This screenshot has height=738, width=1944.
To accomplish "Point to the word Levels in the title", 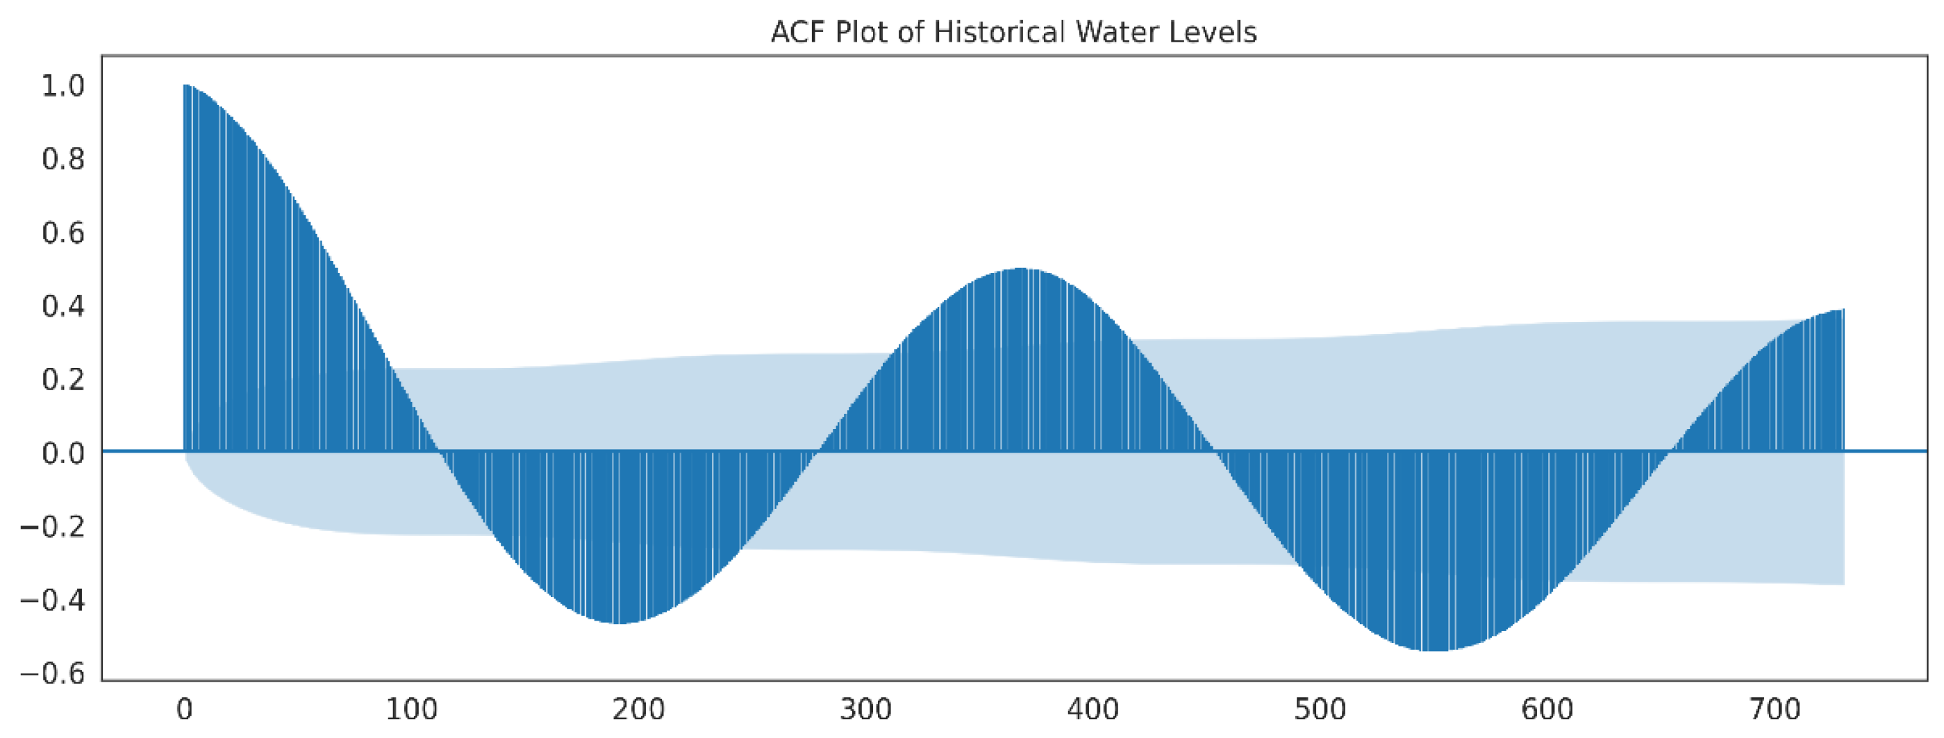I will (x=1213, y=33).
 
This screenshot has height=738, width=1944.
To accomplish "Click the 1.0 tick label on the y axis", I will (x=63, y=86).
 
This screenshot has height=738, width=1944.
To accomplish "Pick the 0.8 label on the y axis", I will (x=63, y=159).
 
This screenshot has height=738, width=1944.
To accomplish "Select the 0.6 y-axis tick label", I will (x=63, y=233).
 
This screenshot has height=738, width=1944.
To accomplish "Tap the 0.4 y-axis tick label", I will (x=63, y=306).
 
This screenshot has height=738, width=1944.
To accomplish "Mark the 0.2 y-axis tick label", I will (x=63, y=380).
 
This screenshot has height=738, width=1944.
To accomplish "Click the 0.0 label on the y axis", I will (x=63, y=453).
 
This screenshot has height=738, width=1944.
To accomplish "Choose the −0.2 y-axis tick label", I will (x=53, y=527).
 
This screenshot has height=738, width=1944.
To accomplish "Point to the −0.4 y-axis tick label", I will (x=53, y=601).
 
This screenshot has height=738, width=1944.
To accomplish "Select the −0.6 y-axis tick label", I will (x=53, y=674).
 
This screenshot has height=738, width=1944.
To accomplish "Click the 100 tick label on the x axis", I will (x=411, y=710).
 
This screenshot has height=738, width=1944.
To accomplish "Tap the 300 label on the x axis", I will (x=865, y=710).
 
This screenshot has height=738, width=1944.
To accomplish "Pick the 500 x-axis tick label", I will (x=1320, y=710).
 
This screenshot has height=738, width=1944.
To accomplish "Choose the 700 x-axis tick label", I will (x=1775, y=710).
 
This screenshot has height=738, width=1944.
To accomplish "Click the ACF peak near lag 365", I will (x=1020, y=269).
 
